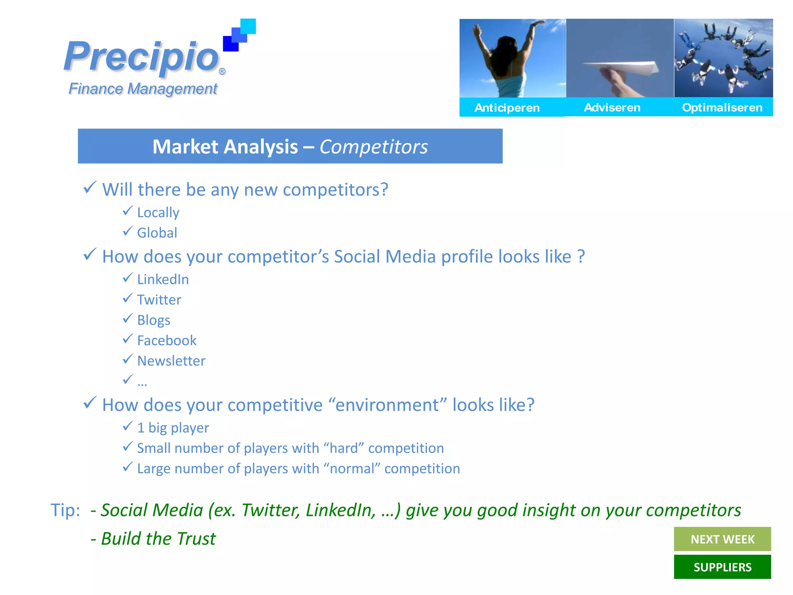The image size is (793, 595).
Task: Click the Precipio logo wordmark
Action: tap(142, 57)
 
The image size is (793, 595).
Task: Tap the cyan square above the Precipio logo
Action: tap(248, 26)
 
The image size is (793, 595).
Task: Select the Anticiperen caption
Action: tap(507, 108)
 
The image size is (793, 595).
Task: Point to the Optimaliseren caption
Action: tap(722, 107)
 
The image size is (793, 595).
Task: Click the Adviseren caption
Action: tap(612, 107)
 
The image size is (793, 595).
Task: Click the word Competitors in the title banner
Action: tap(374, 147)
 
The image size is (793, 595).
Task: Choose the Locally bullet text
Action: tap(158, 212)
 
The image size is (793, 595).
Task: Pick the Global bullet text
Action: tap(157, 233)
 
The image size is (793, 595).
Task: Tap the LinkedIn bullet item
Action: tap(163, 279)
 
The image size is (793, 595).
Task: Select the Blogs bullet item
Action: tap(154, 320)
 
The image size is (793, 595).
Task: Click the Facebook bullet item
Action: tap(167, 340)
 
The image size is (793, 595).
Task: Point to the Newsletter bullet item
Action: tap(171, 361)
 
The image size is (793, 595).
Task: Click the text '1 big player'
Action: tap(173, 428)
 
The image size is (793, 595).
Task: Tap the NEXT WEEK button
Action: tap(722, 539)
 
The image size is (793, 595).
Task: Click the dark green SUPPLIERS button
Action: tap(722, 567)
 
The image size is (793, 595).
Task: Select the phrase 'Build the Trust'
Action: tap(158, 538)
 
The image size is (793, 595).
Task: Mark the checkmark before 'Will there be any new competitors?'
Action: tap(89, 188)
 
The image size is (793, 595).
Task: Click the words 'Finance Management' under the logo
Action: tap(143, 89)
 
